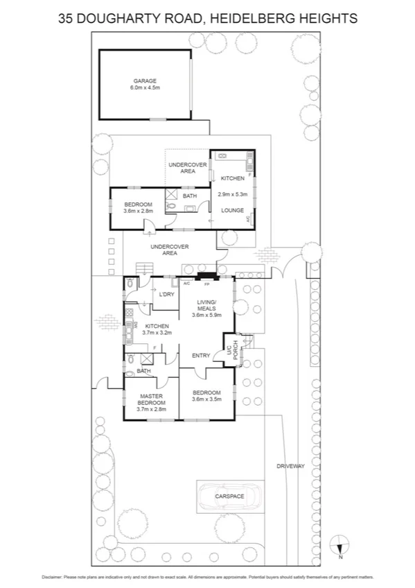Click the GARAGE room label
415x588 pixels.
[x=145, y=81]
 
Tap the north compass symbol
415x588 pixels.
[x=339, y=545]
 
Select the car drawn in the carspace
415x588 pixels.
[x=231, y=496]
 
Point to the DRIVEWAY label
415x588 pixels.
[x=290, y=466]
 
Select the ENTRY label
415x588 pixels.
[x=202, y=356]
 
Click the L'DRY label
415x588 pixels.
[x=166, y=295]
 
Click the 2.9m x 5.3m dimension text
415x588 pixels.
[x=232, y=195]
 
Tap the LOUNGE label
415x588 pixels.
[x=231, y=209]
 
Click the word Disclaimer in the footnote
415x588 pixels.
[x=54, y=576]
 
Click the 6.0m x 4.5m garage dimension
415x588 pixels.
[x=145, y=88]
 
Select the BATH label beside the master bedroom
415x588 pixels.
[x=143, y=371]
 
